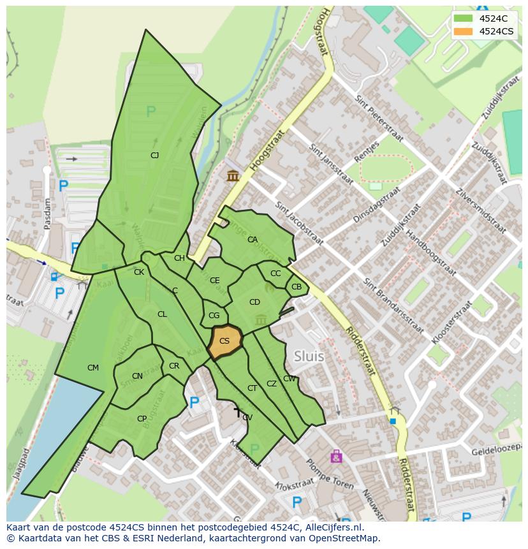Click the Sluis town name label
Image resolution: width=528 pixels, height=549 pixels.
(x=309, y=356)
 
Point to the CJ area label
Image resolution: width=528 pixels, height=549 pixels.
(x=154, y=155)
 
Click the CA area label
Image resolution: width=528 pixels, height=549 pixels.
(x=253, y=240)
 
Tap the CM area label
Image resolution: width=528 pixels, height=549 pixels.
(x=93, y=367)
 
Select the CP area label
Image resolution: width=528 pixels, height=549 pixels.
(x=142, y=419)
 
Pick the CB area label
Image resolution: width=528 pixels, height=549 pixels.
(x=297, y=287)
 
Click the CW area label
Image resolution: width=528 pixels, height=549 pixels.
(x=290, y=379)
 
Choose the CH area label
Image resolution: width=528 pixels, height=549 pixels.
(x=179, y=258)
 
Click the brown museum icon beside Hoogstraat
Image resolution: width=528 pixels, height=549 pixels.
(x=233, y=175)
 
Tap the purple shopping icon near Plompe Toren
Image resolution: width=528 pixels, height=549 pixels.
(x=336, y=456)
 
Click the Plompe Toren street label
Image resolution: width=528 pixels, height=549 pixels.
(x=330, y=474)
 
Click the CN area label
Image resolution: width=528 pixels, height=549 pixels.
(x=137, y=376)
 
